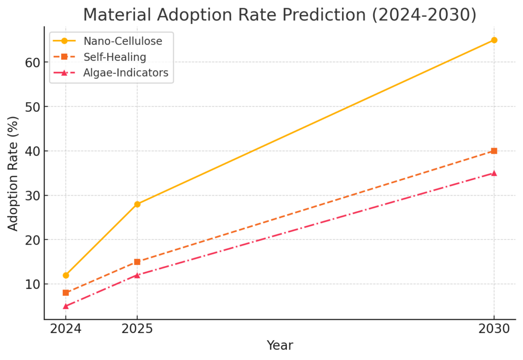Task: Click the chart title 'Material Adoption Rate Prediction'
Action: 279,15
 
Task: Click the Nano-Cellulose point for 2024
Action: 66,275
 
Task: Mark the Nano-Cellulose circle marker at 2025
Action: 137,204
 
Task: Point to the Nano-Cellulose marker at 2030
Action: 494,40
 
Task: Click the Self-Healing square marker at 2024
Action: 66,293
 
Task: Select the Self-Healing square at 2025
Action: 137,262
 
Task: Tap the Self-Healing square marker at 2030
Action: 494,151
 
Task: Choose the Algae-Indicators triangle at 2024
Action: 66,306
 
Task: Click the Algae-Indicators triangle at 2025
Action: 137,275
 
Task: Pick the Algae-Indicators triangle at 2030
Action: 494,173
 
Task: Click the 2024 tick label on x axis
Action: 66,329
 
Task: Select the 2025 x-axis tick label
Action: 137,329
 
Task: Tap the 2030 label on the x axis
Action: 494,329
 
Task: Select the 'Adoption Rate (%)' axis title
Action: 13,173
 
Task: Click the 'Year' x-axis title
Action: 280,346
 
